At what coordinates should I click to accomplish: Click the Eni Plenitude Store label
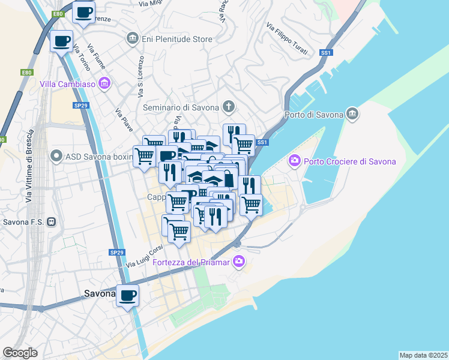(x=176, y=39)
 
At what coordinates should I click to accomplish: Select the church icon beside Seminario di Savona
(x=228, y=107)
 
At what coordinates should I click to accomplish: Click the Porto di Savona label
(x=313, y=115)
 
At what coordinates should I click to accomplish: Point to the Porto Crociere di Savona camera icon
(x=294, y=161)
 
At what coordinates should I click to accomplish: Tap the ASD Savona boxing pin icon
(x=56, y=157)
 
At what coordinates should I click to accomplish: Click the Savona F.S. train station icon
(x=52, y=221)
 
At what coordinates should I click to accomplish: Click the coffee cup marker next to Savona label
(x=128, y=295)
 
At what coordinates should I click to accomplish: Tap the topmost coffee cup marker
(x=83, y=11)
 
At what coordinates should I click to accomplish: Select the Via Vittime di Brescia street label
(x=29, y=171)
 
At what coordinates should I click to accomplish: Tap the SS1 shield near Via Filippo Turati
(x=326, y=53)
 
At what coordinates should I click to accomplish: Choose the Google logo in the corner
(x=20, y=353)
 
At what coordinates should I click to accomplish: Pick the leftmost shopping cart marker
(x=144, y=155)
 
